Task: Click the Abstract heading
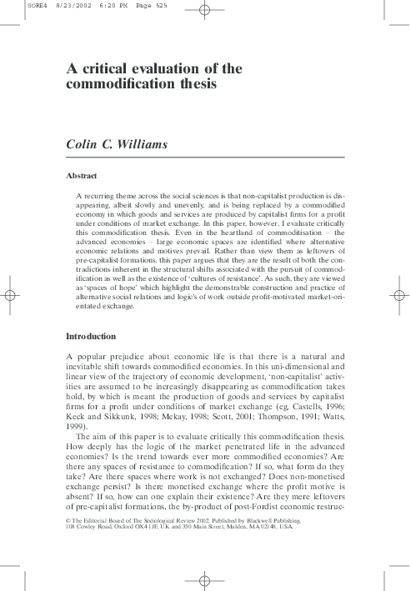tap(82, 176)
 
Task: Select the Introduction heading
tap(91, 336)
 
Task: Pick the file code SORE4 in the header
tap(14, 5)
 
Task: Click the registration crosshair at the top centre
tap(205, 11)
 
